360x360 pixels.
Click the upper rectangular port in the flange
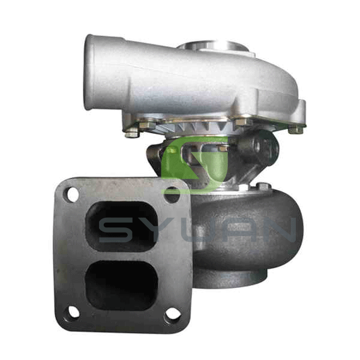pyautogui.click(x=121, y=226)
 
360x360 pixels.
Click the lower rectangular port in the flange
pyautogui.click(x=121, y=286)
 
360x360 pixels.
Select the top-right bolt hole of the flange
pyautogui.click(x=172, y=195)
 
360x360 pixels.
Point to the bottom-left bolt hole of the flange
pyautogui.click(x=74, y=312)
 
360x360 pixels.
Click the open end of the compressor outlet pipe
pyautogui.click(x=89, y=73)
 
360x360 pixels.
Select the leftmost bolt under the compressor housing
pyautogui.click(x=131, y=133)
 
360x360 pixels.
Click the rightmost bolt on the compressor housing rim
pyautogui.click(x=296, y=130)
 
